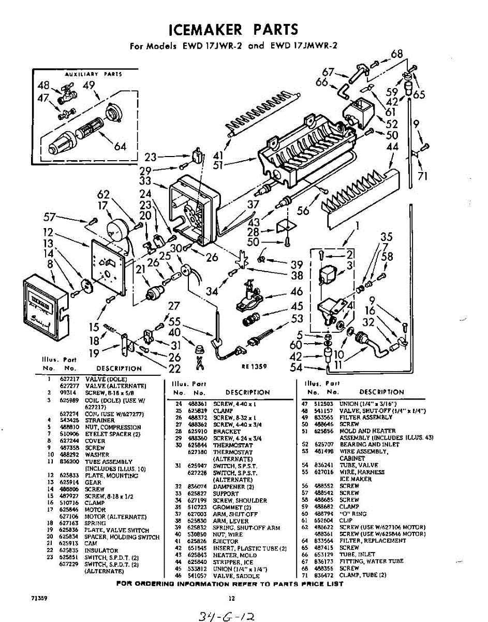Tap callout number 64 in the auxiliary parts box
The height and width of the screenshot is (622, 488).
tap(120, 146)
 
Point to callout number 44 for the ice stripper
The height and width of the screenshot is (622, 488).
tap(393, 147)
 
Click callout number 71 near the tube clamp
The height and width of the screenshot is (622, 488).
tap(423, 176)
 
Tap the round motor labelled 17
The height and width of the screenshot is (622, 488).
tap(117, 230)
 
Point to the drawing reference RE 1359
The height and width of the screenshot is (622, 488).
tap(254, 366)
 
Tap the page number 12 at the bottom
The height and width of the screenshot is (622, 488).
tap(232, 598)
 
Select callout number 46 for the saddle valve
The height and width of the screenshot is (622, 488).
tap(297, 292)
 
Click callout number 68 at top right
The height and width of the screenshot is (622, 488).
tap(397, 54)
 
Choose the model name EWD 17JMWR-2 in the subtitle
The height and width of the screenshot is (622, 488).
tap(304, 46)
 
